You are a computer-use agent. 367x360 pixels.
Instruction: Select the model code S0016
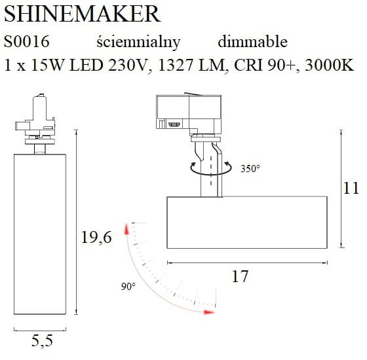click(26, 42)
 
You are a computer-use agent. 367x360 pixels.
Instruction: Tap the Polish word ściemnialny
click(138, 42)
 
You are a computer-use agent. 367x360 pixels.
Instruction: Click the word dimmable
click(252, 42)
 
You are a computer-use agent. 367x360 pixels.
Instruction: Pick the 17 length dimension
click(241, 277)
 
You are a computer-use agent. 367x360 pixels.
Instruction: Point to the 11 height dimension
click(352, 189)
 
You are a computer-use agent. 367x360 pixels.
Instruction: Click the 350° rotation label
click(250, 168)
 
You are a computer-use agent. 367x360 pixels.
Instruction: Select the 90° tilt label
click(128, 287)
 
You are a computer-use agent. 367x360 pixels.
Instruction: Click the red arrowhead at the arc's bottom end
click(209, 312)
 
